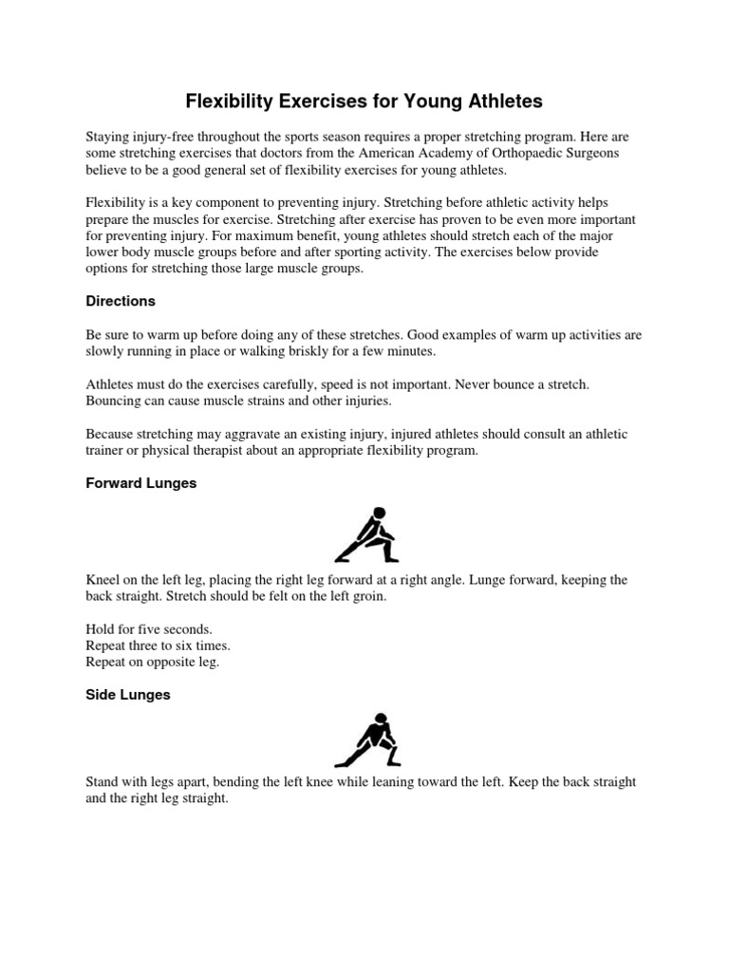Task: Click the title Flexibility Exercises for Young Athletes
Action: coord(364,101)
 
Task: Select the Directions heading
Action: coord(121,301)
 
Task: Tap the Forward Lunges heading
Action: coord(141,483)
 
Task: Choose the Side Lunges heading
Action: coord(128,695)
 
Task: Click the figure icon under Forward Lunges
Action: coord(366,534)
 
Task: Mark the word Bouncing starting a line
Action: coord(114,401)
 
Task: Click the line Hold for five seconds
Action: coord(149,629)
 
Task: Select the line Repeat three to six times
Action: coord(158,645)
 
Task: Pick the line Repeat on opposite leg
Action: coord(152,662)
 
